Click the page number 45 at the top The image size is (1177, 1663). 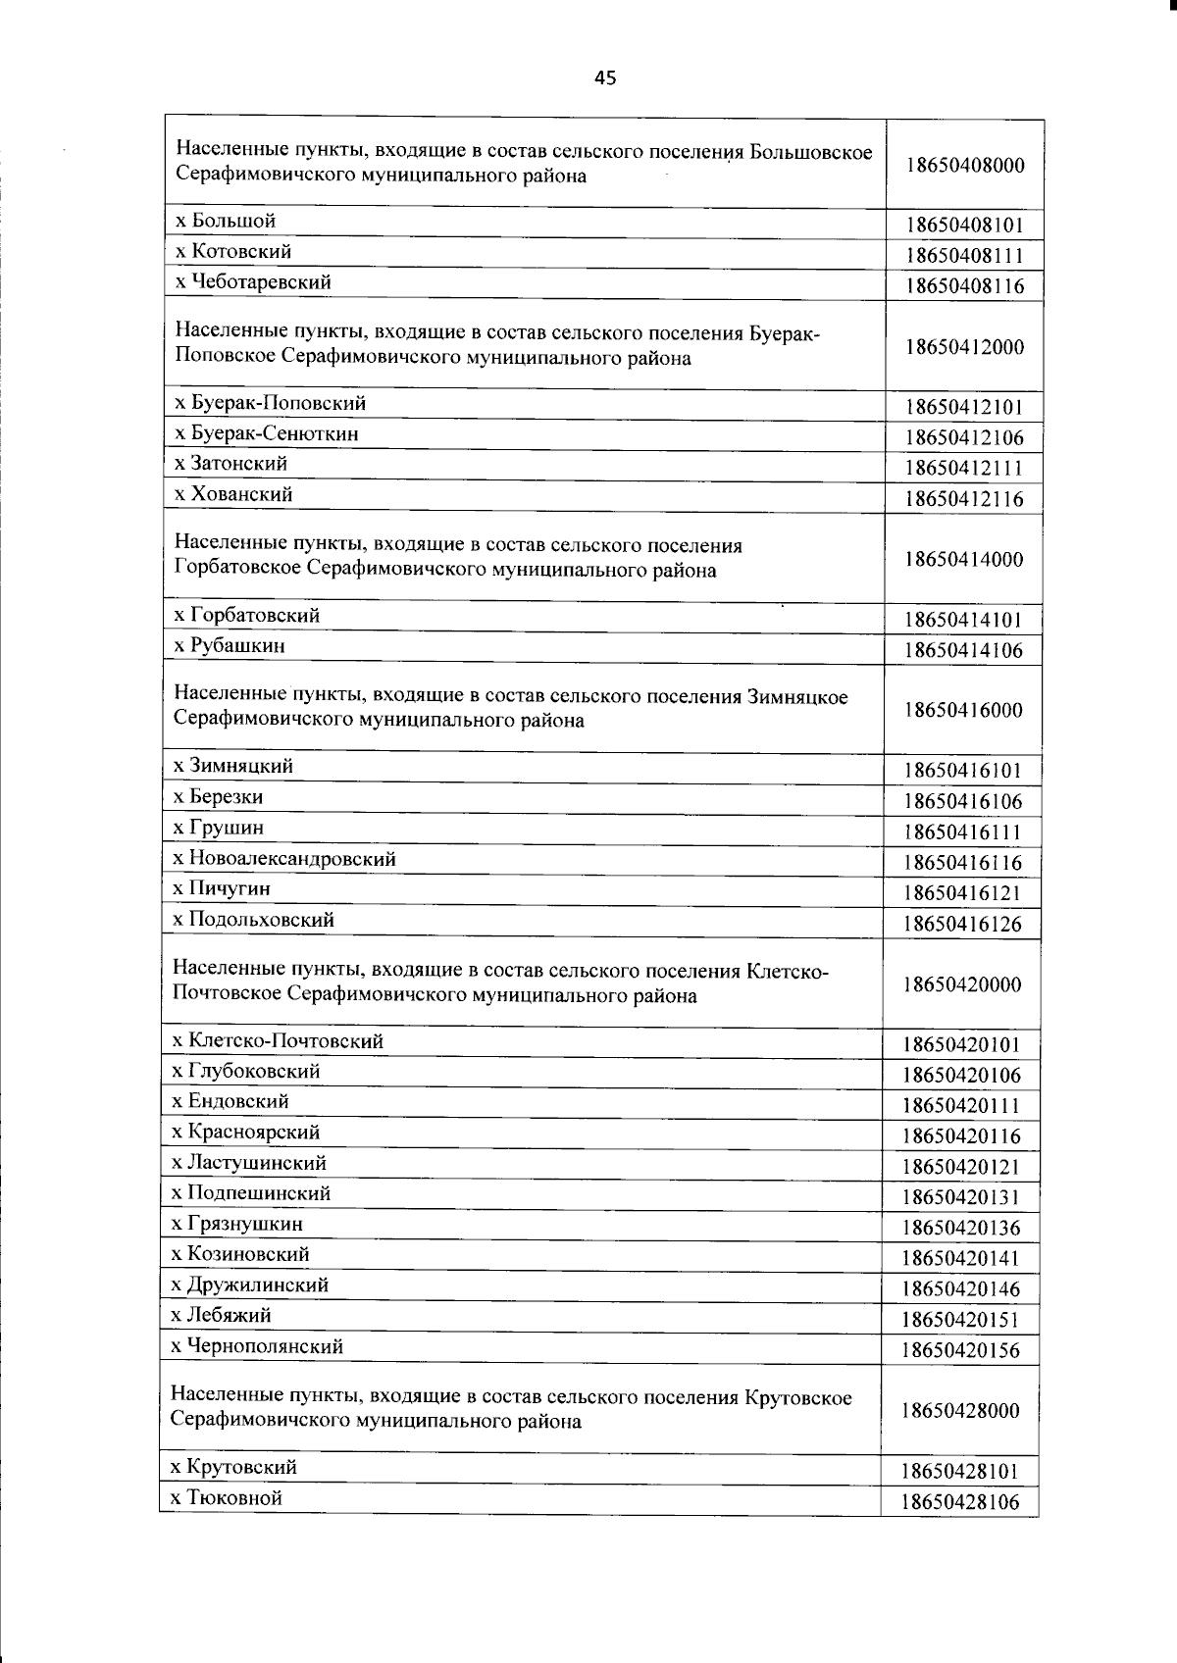(x=605, y=78)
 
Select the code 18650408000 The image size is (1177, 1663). (x=965, y=165)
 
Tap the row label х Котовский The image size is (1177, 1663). (x=232, y=251)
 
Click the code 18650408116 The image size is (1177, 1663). (x=965, y=286)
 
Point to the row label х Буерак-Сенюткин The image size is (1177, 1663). (x=266, y=432)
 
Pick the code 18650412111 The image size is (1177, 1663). (x=964, y=468)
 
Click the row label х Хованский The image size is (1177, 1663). (x=232, y=494)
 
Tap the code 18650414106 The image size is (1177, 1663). (x=964, y=650)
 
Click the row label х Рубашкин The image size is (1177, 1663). (x=229, y=645)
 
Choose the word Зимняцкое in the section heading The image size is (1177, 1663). (x=797, y=696)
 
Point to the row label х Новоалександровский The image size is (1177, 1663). (x=284, y=858)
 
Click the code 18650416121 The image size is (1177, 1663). (x=963, y=892)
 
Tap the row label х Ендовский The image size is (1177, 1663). (x=230, y=1101)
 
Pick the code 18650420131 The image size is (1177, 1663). (x=962, y=1196)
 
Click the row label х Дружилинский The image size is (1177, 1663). (x=249, y=1285)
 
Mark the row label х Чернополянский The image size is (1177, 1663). (x=256, y=1346)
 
